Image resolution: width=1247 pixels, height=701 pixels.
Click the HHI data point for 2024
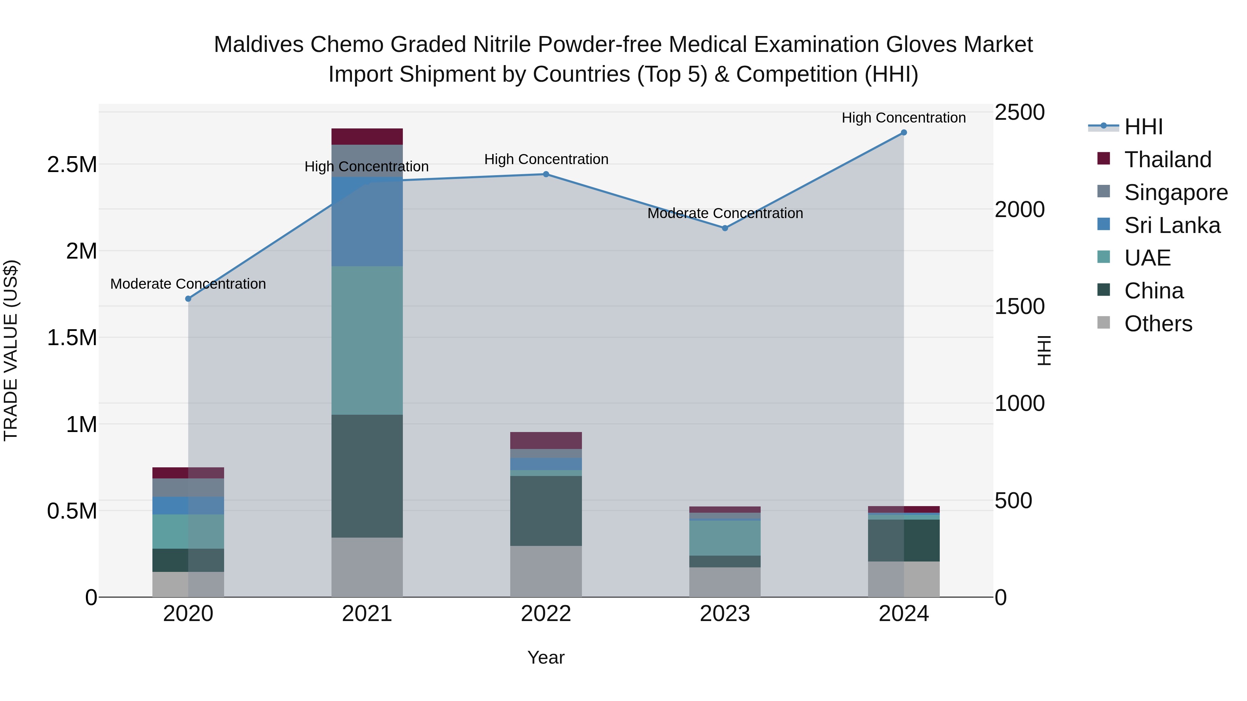pos(903,132)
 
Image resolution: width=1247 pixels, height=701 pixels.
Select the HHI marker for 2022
pos(546,174)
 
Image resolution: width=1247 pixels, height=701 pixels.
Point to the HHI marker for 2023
pos(725,228)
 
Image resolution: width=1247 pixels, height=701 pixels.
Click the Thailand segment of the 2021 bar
pos(367,136)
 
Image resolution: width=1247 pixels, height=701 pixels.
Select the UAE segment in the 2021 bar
pos(367,340)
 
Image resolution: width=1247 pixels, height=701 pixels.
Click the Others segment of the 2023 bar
pos(725,582)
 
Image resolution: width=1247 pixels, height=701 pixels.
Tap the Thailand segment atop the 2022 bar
pos(546,440)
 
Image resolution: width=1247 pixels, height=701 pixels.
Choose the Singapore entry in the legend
pos(1175,192)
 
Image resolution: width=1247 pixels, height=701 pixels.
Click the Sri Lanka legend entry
pos(1172,225)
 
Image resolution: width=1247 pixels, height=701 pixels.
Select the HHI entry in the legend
pos(1143,127)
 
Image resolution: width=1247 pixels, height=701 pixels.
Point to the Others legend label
pos(1158,324)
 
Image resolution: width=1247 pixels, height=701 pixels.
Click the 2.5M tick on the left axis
pos(72,165)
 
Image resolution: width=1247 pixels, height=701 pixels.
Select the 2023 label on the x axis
pos(725,614)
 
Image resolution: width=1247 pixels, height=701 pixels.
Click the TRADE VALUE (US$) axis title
pos(11,350)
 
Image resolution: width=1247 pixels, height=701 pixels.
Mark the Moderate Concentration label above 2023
pos(725,213)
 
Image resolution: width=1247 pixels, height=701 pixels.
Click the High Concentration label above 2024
pos(903,118)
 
